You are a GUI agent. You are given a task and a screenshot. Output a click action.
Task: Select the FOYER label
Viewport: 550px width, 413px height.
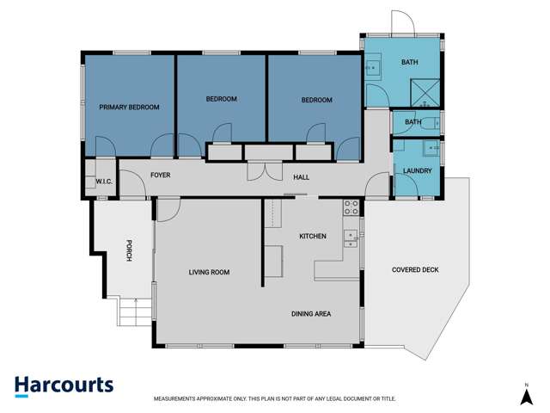[x=160, y=175]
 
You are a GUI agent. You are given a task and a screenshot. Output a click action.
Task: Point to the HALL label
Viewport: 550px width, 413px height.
[x=301, y=177]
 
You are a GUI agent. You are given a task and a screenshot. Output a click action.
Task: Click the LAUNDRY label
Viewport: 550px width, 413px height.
[x=417, y=171]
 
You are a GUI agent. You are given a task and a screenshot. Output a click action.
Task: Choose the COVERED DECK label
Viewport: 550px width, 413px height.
[x=415, y=270]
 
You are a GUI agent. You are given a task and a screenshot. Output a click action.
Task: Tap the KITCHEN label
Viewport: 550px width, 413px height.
[x=312, y=236]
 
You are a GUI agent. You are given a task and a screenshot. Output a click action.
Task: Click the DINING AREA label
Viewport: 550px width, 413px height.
[x=310, y=314]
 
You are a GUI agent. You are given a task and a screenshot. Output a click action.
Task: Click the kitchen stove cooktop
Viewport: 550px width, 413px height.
[x=351, y=206]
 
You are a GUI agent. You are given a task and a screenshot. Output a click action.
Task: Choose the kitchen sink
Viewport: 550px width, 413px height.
[x=350, y=238]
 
